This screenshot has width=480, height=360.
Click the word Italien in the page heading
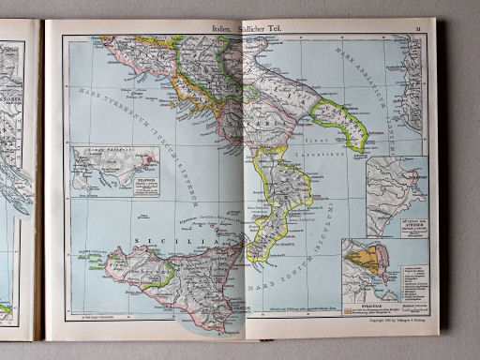[226, 29]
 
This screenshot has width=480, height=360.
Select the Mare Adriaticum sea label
[373, 92]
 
